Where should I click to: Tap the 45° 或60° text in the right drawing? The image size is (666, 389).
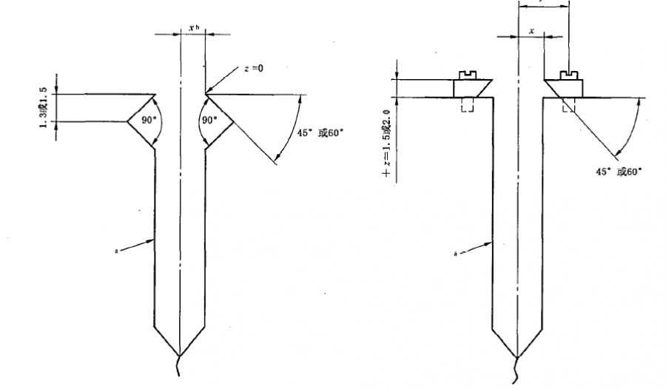[x=619, y=170]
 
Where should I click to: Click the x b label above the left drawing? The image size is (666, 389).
[x=195, y=28]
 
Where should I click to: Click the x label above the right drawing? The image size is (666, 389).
[x=531, y=30]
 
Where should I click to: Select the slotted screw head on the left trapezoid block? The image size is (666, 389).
[x=466, y=74]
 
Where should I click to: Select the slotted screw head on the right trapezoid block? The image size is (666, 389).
[x=569, y=74]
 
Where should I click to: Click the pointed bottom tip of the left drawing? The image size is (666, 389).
[x=180, y=354]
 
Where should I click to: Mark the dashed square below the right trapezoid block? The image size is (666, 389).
[x=568, y=105]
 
